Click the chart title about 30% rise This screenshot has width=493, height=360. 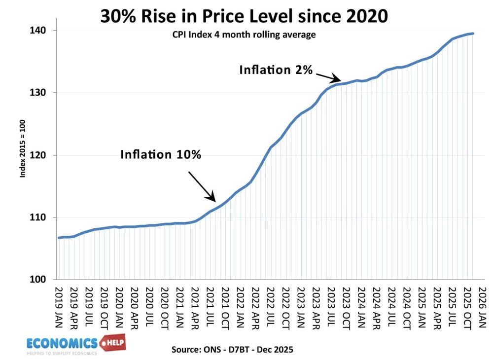(x=244, y=16)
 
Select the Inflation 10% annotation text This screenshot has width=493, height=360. (x=161, y=154)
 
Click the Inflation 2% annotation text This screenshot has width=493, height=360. (x=276, y=70)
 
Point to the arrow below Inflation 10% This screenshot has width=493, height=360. (x=202, y=186)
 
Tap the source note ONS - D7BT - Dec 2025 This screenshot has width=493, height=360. (x=232, y=350)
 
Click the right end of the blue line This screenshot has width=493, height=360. (x=473, y=34)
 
